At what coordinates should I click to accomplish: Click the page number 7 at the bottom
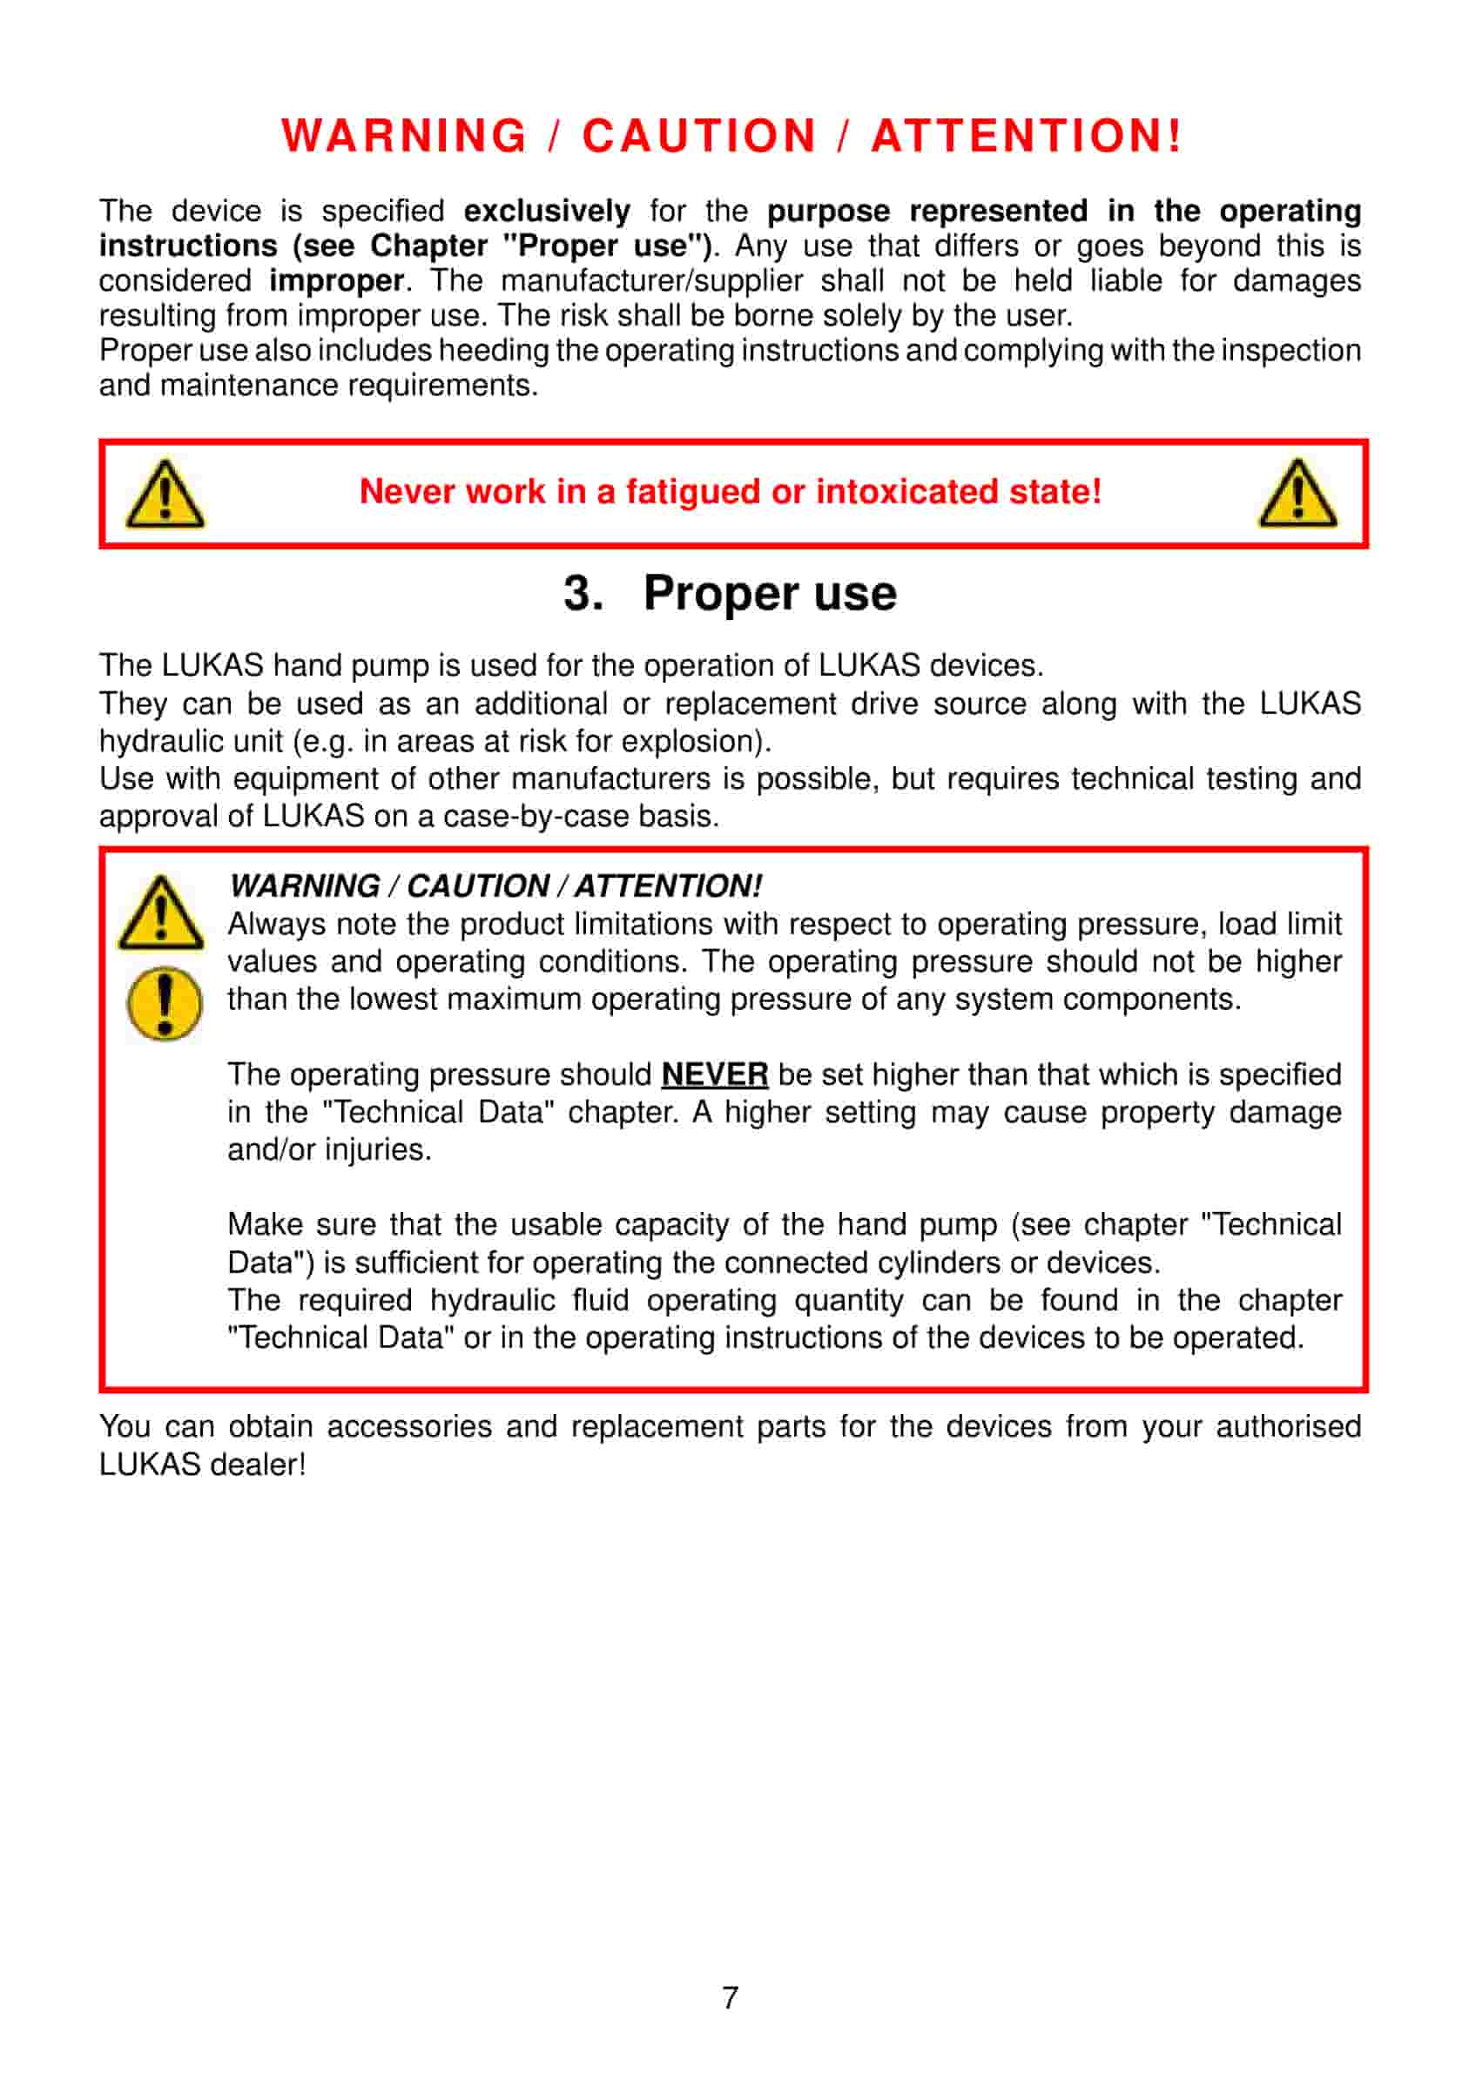click(x=730, y=1997)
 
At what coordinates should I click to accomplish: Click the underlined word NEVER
click(x=715, y=1074)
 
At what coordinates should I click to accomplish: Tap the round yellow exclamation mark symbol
click(x=165, y=1004)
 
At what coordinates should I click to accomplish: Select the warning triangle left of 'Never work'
click(x=165, y=494)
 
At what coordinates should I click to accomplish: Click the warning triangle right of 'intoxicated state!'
click(x=1297, y=494)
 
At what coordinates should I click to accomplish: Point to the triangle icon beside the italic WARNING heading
click(x=161, y=913)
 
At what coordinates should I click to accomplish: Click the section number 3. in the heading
click(x=583, y=595)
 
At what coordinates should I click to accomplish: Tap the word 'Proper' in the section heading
click(x=720, y=595)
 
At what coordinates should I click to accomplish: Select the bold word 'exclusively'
click(x=547, y=212)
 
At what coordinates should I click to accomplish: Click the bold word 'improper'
click(x=336, y=281)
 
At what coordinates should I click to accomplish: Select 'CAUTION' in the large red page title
click(x=699, y=137)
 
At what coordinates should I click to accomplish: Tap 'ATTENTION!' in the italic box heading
click(x=668, y=886)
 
